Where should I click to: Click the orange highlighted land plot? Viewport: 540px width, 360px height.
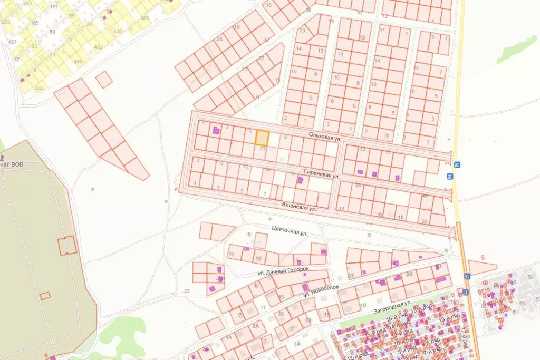pyautogui.click(x=262, y=138)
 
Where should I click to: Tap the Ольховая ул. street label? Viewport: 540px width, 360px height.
pyautogui.click(x=325, y=137)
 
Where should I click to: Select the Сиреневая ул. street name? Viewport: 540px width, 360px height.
pyautogui.click(x=321, y=173)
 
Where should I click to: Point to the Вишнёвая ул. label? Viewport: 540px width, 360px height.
pyautogui.click(x=297, y=206)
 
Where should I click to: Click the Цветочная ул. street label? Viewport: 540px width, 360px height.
pyautogui.click(x=288, y=230)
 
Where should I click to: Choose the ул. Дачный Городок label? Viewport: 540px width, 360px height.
pyautogui.click(x=283, y=271)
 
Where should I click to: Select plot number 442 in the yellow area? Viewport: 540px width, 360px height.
pyautogui.click(x=39, y=89)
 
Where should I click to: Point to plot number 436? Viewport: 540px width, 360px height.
pyautogui.click(x=78, y=62)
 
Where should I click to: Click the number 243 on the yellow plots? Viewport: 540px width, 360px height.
pyautogui.click(x=28, y=4)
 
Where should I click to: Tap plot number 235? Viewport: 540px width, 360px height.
pyautogui.click(x=6, y=22)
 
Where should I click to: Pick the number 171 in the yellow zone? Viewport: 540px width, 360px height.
pyautogui.click(x=54, y=7)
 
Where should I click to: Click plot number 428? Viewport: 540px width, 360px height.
pyautogui.click(x=118, y=31)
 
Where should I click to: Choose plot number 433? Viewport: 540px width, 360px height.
pyautogui.click(x=98, y=47)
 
